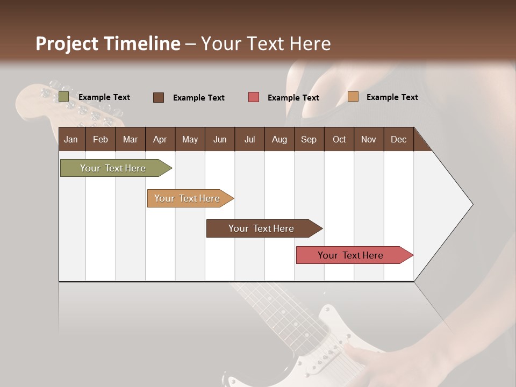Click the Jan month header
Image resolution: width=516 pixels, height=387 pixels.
point(71,139)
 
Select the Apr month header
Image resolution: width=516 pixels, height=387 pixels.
point(160,139)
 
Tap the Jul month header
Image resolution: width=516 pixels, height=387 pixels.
point(249,139)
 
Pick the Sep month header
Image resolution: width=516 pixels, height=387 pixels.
point(309,139)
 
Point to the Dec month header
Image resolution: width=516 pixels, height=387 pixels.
point(398,139)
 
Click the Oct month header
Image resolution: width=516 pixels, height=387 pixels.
point(339,139)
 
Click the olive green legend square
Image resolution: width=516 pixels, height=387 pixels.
point(63,97)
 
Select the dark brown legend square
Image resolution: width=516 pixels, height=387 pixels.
point(159,97)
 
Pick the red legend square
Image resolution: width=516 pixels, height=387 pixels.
point(254,97)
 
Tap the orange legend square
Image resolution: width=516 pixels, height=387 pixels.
point(353,97)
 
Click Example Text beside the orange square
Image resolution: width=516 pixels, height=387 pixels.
point(392,97)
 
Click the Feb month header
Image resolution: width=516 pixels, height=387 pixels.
point(101,139)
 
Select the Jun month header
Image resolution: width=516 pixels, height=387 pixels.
point(220,139)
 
